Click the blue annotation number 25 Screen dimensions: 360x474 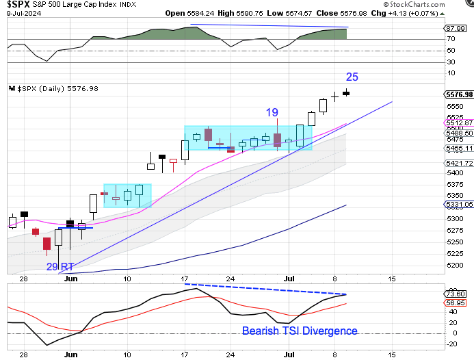352,77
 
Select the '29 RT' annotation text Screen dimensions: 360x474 60,267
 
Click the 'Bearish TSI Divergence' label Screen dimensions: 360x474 299,331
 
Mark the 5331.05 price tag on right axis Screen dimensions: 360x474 459,204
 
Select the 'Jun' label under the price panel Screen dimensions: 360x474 69,279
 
